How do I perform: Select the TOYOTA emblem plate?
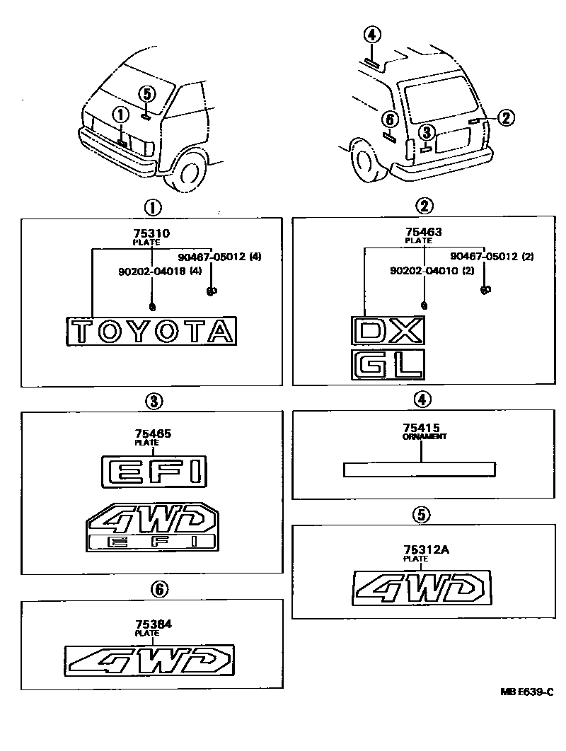point(151,331)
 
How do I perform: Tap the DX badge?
point(388,330)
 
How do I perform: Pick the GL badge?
point(388,364)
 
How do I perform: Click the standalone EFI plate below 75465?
point(154,470)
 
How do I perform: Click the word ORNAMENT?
point(424,437)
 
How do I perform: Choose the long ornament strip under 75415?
point(420,470)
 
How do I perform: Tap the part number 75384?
point(154,624)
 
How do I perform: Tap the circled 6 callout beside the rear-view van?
point(388,118)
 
